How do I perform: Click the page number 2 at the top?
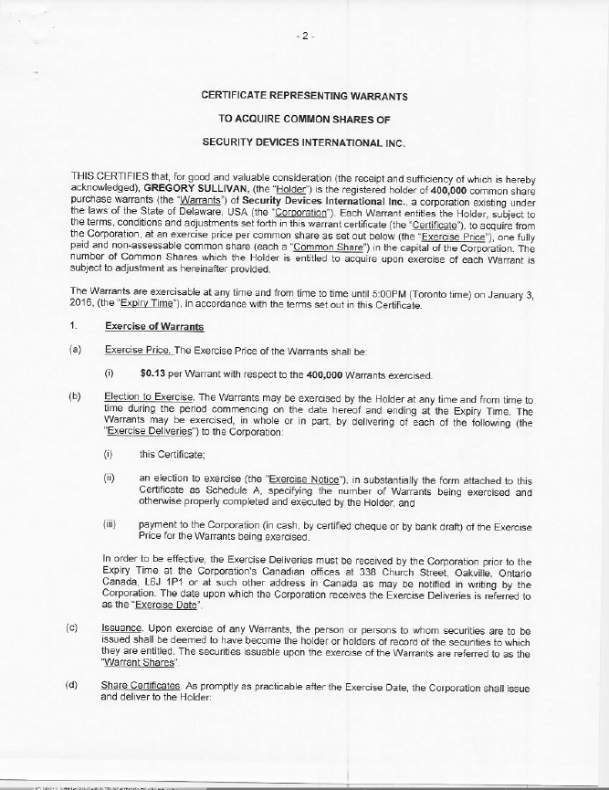(x=306, y=37)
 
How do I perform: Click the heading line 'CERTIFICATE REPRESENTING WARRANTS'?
(x=305, y=96)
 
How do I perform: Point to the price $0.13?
(x=152, y=373)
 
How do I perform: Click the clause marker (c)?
(x=71, y=631)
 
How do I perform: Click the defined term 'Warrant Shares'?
(x=134, y=664)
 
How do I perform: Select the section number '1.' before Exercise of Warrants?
(x=71, y=327)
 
